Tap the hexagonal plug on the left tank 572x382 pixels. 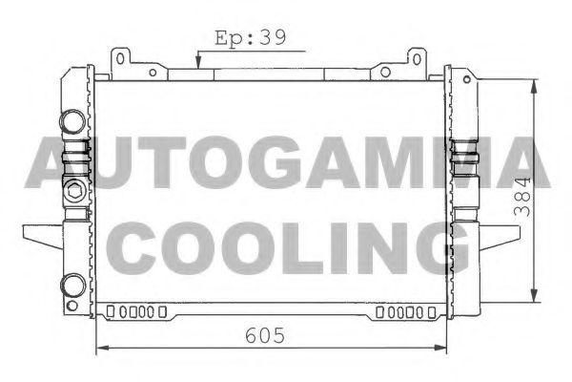[x=72, y=187]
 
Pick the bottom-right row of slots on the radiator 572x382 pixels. [x=405, y=311]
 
